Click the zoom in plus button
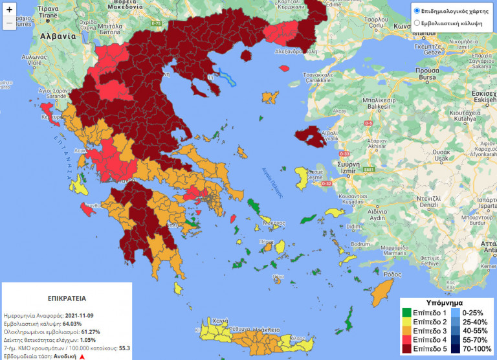(10, 10)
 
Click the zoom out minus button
(10, 23)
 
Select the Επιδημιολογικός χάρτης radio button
(417, 11)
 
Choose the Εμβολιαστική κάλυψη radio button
(417, 23)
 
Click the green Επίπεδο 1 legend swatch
(406, 313)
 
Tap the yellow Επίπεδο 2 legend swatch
(406, 322)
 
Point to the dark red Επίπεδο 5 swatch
(406, 349)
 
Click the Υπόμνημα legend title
(443, 303)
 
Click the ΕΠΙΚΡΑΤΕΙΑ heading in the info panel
(66, 300)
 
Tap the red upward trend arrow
(82, 356)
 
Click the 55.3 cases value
(125, 348)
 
